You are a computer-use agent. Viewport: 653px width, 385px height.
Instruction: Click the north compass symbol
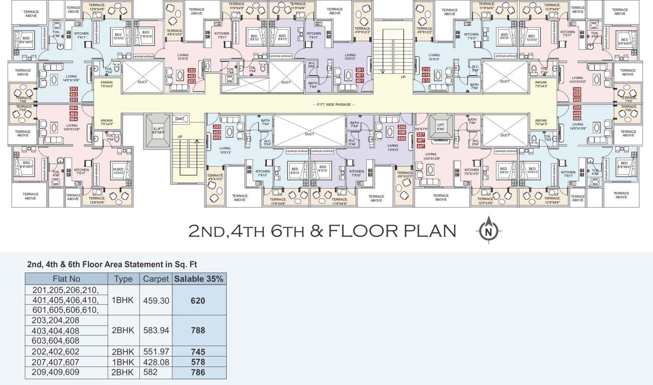(x=488, y=231)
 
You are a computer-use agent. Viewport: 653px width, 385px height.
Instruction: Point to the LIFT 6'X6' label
(x=440, y=127)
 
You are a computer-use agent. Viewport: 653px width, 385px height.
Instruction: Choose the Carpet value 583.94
(x=155, y=330)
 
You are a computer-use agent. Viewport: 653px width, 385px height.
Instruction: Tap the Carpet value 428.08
(x=155, y=362)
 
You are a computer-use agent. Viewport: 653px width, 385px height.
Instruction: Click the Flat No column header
(x=67, y=279)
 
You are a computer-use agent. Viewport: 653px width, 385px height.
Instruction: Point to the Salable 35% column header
(x=199, y=279)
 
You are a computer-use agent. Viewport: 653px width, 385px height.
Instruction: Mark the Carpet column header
(x=155, y=279)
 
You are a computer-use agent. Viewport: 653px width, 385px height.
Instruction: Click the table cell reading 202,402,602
(x=56, y=352)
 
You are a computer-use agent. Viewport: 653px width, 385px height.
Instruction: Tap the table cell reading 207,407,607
(x=56, y=362)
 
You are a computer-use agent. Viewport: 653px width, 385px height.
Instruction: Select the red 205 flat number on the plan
(x=217, y=127)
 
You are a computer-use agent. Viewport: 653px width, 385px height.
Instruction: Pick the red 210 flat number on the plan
(x=426, y=70)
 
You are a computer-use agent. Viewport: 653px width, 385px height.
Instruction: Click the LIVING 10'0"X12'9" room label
(x=431, y=157)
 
